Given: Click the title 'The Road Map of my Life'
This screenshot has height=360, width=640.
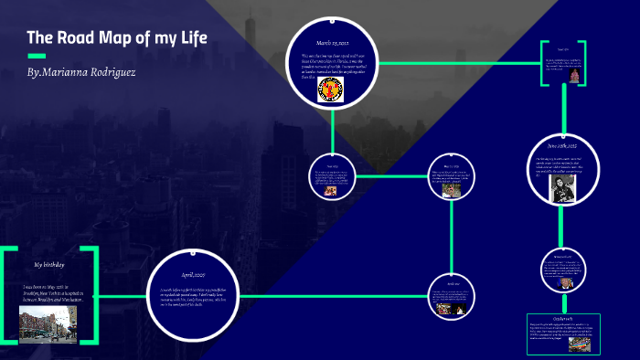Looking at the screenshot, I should (117, 38).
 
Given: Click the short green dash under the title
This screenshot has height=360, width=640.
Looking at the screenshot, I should (37, 56).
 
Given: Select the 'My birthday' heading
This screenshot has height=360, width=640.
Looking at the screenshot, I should (51, 264).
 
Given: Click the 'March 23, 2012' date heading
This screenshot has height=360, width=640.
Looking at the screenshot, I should (334, 42).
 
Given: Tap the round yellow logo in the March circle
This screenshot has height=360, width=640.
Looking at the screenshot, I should (330, 87).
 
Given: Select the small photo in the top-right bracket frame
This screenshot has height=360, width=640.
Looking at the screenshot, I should (574, 73).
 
